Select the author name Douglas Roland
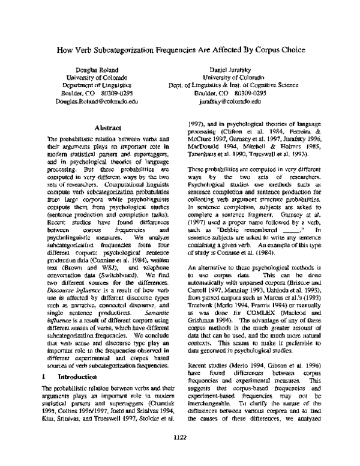click(x=95, y=70)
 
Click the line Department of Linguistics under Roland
click(x=95, y=86)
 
